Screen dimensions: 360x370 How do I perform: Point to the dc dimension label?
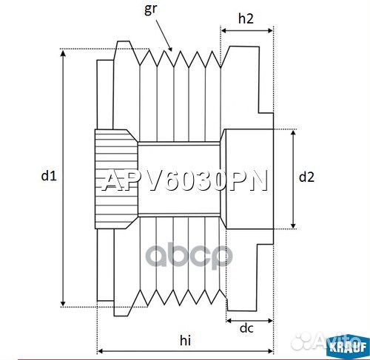[x=247, y=328]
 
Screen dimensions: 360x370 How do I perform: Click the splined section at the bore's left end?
[x=115, y=177]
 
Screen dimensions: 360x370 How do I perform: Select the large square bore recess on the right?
[x=247, y=177]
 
